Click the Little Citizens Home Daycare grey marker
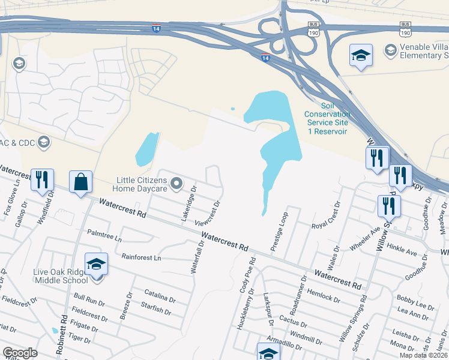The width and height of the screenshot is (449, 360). tap(176, 183)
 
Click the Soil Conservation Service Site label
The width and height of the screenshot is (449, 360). tap(327, 118)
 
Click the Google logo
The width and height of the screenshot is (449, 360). tap(20, 353)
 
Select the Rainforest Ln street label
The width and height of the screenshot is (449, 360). tap(141, 257)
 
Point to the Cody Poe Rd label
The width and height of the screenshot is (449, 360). tap(248, 275)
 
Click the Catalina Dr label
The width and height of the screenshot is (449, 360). tap(160, 295)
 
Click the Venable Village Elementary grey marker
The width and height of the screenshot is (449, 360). tap(390, 49)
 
